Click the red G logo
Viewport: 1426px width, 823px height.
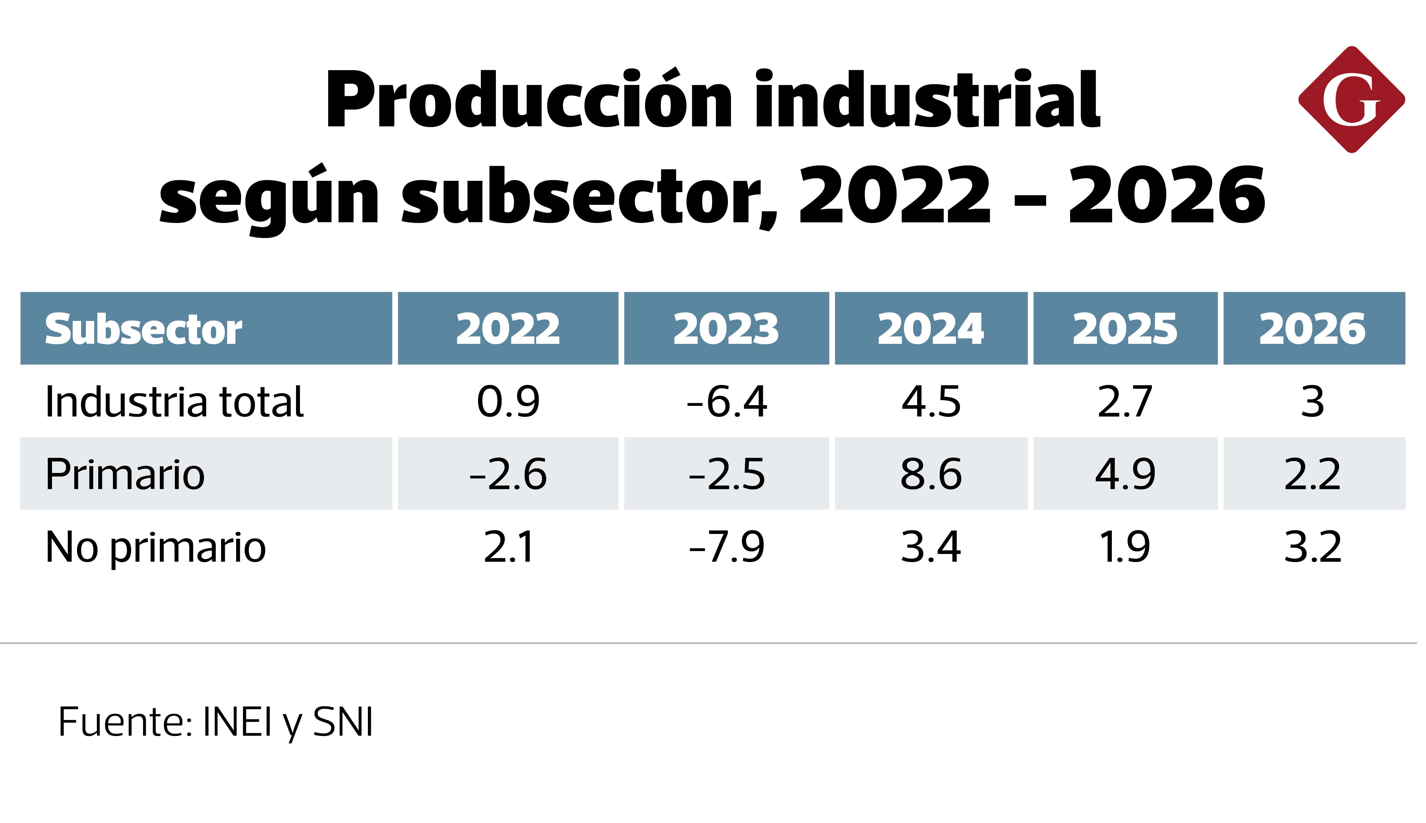1351,99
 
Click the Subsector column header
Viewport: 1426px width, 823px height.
143,329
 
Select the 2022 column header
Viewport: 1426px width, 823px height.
508,329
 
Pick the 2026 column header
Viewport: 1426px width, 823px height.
1312,329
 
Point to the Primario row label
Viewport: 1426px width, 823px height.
125,474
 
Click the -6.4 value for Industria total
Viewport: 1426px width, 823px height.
727,402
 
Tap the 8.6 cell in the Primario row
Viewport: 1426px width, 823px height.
931,474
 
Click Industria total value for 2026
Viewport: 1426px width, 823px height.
1312,402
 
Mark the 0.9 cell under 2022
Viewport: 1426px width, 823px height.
508,402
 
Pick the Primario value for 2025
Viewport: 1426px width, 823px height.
1125,474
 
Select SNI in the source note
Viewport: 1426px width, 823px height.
343,722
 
